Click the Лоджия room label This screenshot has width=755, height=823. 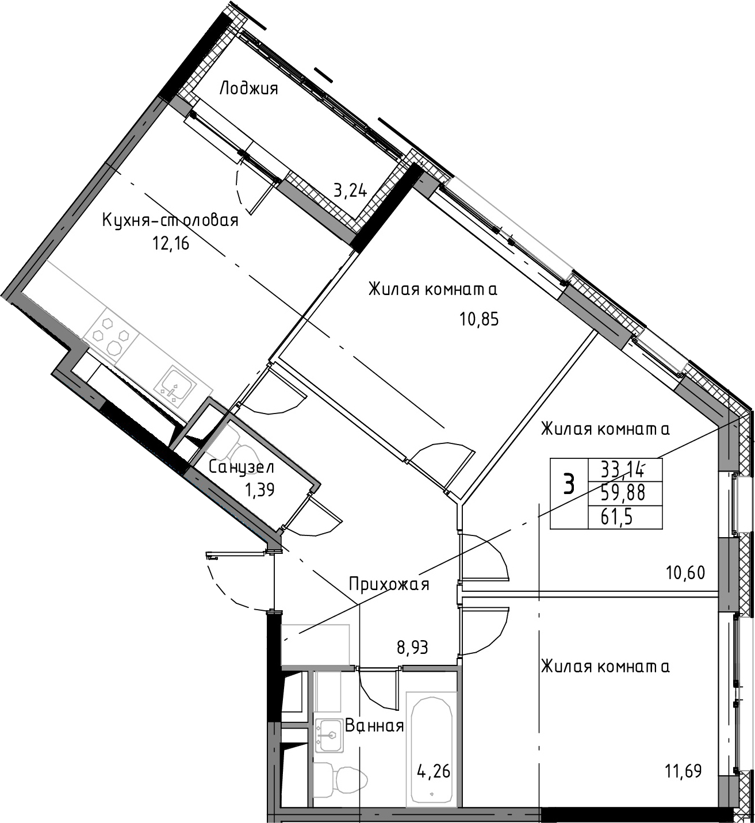coord(248,89)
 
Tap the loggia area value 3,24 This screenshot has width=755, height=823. coord(350,191)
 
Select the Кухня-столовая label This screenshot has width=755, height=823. coord(170,220)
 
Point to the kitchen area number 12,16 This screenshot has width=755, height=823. coord(171,244)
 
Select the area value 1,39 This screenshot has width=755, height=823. coord(259,489)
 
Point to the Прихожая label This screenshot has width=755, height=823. coord(389,584)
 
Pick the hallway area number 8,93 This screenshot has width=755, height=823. coord(412,648)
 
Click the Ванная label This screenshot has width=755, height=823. coord(374,726)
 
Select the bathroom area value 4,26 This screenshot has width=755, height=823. coord(434,772)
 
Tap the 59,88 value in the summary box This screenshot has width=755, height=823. coord(623,493)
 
